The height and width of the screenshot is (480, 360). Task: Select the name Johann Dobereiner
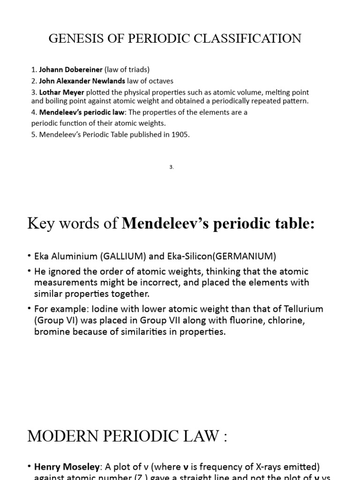[x=71, y=69]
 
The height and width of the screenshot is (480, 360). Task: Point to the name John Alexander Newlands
[x=82, y=81]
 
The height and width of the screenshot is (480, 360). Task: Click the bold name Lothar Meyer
[x=62, y=92]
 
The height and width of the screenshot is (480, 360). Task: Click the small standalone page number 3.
[x=172, y=167]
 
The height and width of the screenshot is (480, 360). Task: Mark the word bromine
[x=51, y=332]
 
